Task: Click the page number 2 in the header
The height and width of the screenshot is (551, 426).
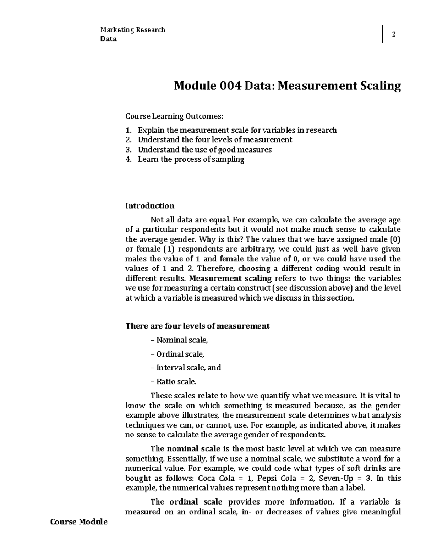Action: pyautogui.click(x=393, y=34)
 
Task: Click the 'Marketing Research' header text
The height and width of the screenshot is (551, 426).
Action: pyautogui.click(x=133, y=30)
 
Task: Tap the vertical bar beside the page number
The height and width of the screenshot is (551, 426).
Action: pyautogui.click(x=382, y=34)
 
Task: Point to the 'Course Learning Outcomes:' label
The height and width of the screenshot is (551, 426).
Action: pyautogui.click(x=175, y=116)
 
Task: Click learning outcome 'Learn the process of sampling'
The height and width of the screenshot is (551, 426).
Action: pyautogui.click(x=191, y=159)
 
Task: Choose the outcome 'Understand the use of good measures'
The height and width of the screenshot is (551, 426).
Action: pyautogui.click(x=204, y=149)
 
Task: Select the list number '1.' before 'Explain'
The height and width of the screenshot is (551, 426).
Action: pyautogui.click(x=129, y=130)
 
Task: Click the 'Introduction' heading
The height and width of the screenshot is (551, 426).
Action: pyautogui.click(x=150, y=206)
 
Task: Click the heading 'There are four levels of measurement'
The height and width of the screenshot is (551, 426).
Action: pyautogui.click(x=197, y=326)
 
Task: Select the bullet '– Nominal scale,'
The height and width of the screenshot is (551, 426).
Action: pyautogui.click(x=179, y=340)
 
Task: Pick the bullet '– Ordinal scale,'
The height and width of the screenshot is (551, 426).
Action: pyautogui.click(x=178, y=354)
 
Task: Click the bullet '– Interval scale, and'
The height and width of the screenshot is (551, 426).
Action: pyautogui.click(x=186, y=368)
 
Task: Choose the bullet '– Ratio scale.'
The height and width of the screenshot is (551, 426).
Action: pyautogui.click(x=174, y=382)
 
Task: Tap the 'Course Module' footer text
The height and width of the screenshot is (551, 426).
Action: pyautogui.click(x=79, y=522)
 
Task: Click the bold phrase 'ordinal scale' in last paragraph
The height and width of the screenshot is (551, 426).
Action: pyautogui.click(x=196, y=502)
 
